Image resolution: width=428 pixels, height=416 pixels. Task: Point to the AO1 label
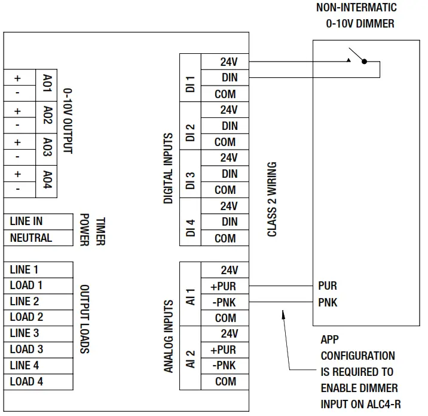[48, 86]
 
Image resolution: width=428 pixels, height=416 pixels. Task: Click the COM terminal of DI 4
[225, 238]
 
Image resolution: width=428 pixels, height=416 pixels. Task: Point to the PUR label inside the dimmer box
[328, 286]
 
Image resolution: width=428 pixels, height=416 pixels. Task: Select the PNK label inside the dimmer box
[328, 303]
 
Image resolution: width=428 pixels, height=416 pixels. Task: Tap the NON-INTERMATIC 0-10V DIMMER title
[356, 16]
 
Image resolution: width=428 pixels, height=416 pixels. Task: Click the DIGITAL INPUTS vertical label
[169, 168]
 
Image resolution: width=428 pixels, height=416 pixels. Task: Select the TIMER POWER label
[92, 229]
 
